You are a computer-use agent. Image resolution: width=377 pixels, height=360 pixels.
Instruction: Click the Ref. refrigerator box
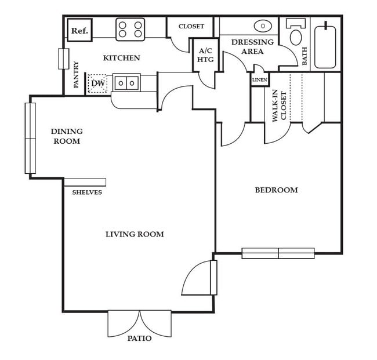pyautogui.click(x=79, y=31)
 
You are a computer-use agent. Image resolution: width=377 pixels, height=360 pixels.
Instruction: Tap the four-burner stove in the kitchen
pyautogui.click(x=130, y=30)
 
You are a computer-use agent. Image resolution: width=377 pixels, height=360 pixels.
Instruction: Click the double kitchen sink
pyautogui.click(x=126, y=83)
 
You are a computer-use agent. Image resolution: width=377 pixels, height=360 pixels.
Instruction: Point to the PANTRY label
pyautogui.click(x=77, y=75)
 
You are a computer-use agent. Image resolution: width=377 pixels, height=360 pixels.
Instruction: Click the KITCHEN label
pyautogui.click(x=121, y=58)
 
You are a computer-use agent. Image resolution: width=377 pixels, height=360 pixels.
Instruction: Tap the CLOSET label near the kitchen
pyautogui.click(x=191, y=26)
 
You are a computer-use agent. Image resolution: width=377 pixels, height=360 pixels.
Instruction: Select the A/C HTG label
pyautogui.click(x=205, y=56)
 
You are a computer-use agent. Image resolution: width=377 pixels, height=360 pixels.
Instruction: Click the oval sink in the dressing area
pyautogui.click(x=263, y=26)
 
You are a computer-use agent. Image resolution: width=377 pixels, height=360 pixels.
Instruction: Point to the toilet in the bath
pyautogui.click(x=296, y=35)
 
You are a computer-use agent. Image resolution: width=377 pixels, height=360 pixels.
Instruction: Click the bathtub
pyautogui.click(x=325, y=46)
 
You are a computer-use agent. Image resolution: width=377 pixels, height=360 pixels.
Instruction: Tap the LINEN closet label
pyautogui.click(x=259, y=79)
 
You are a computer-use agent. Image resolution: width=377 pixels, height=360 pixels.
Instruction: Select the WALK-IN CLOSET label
pyautogui.click(x=280, y=106)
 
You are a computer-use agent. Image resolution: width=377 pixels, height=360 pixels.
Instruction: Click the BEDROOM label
pyautogui.click(x=276, y=190)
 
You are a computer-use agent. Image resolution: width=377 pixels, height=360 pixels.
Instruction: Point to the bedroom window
pyautogui.click(x=278, y=253)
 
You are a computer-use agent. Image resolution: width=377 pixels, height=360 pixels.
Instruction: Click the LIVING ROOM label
pyautogui.click(x=135, y=234)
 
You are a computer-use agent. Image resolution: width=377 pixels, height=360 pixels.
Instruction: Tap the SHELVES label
pyautogui.click(x=87, y=192)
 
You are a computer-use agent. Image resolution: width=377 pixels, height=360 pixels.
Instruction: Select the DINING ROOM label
pyautogui.click(x=67, y=136)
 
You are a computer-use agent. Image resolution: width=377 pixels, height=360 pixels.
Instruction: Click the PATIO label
pyautogui.click(x=139, y=339)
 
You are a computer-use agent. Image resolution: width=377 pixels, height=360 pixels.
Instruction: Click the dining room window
pyautogui.click(x=30, y=138)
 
